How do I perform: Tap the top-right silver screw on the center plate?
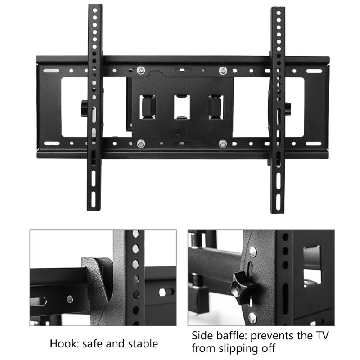222,70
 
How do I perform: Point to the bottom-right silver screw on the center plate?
222,144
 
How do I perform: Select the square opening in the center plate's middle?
182,107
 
